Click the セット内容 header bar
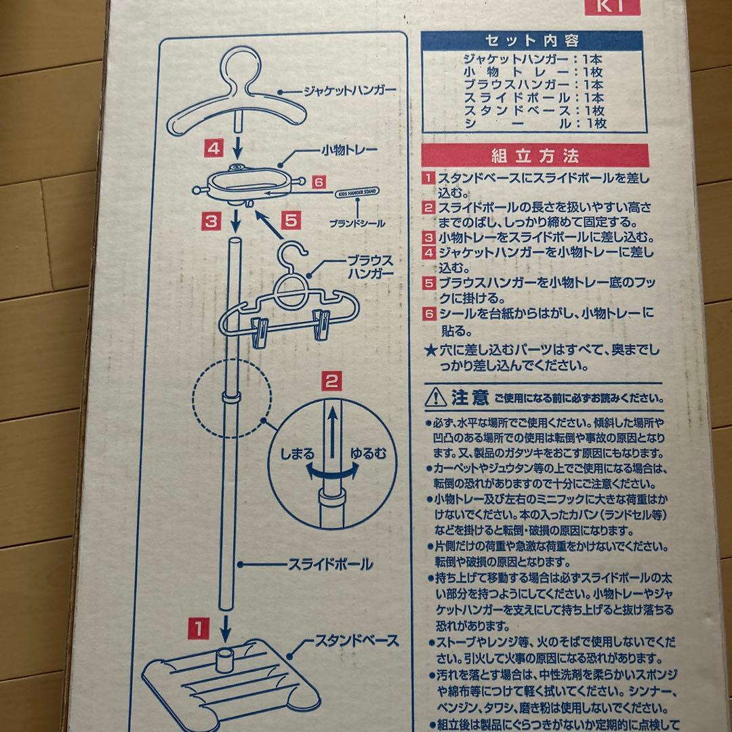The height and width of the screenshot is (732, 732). coord(531,40)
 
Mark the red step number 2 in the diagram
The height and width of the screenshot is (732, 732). coord(331,381)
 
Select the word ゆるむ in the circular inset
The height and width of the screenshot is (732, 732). coord(368,453)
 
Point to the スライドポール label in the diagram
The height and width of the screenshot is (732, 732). coord(321,564)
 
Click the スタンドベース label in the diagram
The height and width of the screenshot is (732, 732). coord(357,640)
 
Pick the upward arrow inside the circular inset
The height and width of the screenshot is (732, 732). coord(333,434)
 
